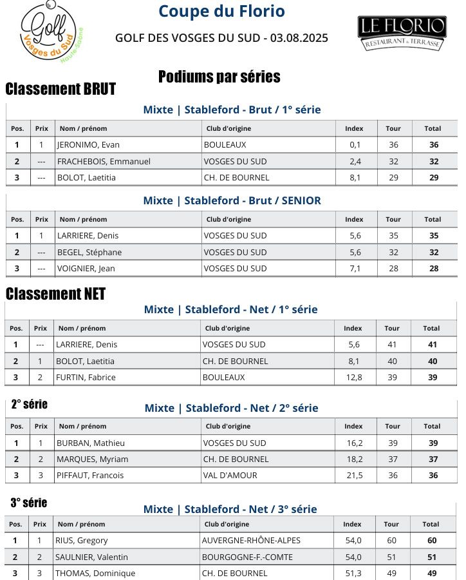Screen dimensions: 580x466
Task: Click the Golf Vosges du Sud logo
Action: coord(55,32)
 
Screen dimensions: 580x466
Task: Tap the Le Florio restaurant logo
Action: coord(402,33)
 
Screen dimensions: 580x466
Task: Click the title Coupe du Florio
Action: coord(221,12)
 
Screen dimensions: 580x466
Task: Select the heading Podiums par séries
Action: coord(219,77)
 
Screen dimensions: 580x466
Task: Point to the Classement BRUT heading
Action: coord(61,89)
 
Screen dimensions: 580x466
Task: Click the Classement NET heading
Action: coord(55,294)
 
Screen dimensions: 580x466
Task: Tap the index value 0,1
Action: coord(355,145)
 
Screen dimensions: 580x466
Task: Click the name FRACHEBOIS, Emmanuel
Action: coord(104,161)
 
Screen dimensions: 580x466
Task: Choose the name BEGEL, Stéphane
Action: coord(89,252)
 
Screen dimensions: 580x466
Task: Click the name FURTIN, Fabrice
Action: coord(86,377)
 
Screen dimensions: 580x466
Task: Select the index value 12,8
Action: coord(353,377)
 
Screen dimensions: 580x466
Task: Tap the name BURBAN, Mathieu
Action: coord(91,443)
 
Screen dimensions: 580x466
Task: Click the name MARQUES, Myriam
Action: coord(92,459)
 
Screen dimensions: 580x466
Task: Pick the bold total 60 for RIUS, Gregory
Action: coord(432,540)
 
